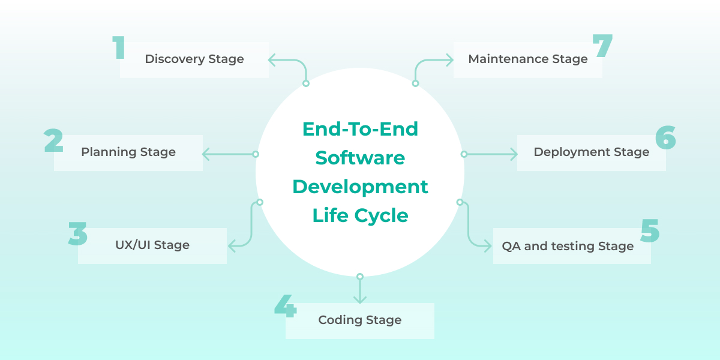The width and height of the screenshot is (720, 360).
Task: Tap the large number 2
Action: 53,140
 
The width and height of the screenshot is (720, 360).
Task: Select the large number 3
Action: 77,233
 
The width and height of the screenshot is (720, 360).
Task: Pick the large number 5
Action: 650,230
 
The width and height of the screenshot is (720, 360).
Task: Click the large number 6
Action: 665,138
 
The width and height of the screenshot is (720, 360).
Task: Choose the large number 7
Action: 602,46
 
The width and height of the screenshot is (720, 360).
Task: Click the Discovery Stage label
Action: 194,59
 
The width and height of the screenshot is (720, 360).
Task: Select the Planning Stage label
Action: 128,152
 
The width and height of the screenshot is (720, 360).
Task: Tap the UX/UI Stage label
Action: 152,245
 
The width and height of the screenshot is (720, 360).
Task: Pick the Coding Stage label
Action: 360,320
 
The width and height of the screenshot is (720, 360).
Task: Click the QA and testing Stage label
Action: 568,247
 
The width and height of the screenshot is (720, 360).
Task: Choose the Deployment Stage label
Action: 592,152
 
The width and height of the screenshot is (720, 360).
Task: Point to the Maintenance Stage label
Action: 528,59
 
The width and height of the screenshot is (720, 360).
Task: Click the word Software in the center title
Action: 360,158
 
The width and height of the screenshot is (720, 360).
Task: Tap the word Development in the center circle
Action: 360,187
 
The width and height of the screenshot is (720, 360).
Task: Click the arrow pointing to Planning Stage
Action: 228,154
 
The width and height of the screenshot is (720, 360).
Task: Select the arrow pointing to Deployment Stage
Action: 491,154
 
